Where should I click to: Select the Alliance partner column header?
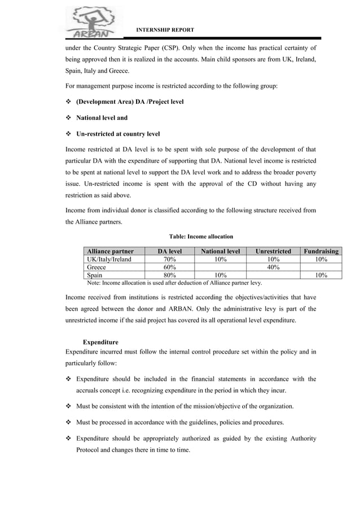[110, 251]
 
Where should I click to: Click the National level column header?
[221, 251]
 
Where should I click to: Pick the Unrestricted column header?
[273, 251]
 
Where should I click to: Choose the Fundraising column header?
[321, 251]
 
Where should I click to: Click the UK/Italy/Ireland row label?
[109, 259]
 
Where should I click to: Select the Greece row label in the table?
[96, 267]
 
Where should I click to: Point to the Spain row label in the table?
[95, 275]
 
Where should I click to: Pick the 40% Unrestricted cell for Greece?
[273, 267]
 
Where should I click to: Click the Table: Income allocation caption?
[201, 237]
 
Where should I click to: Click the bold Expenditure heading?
[100, 342]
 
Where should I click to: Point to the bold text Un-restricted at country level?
[118, 134]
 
